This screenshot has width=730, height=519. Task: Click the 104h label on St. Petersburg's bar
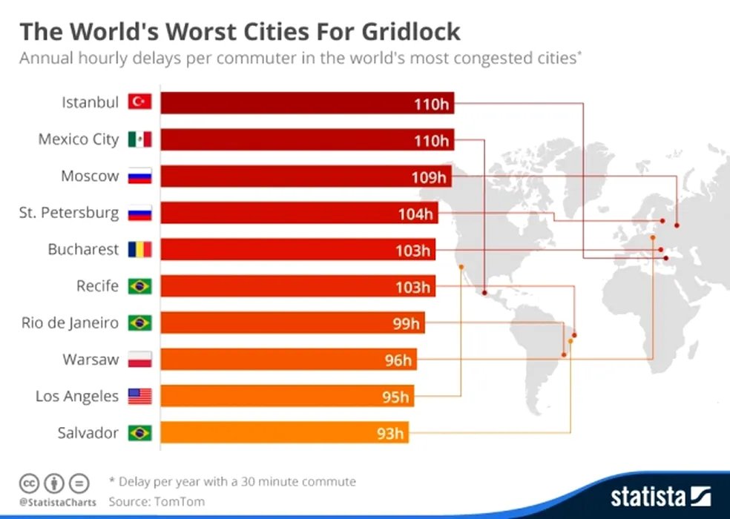coord(415,214)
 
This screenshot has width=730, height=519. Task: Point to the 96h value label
coord(397,360)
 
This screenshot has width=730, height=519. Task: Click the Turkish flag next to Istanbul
coord(139,102)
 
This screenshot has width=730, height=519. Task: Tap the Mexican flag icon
coord(139,139)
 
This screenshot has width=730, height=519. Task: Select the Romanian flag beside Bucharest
coord(139,249)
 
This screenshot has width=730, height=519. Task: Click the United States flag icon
coord(139,396)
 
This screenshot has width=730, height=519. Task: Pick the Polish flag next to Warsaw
coord(139,360)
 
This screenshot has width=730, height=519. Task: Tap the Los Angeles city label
coord(77,396)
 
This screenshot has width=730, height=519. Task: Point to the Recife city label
coord(97,285)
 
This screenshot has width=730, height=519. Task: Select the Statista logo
coord(661,495)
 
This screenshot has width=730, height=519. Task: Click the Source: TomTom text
coord(157,502)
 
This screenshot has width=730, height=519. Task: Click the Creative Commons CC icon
coord(30,483)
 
